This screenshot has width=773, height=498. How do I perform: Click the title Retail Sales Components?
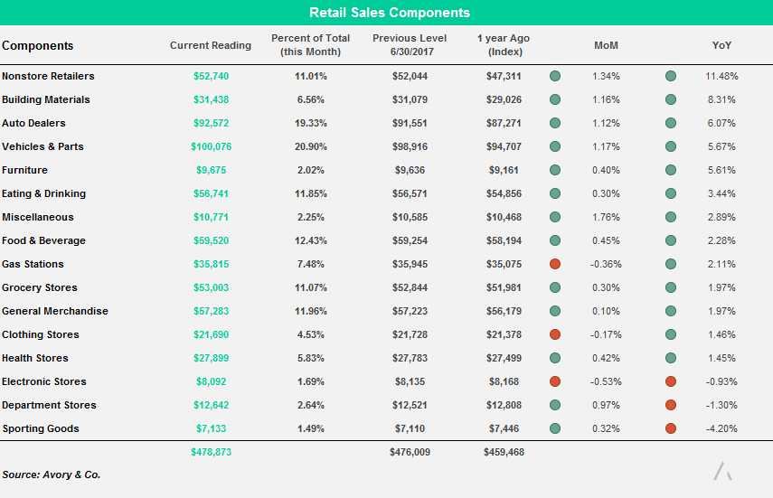pos(390,13)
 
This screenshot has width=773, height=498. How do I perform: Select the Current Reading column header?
pos(211,45)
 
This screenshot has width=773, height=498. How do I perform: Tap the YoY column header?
pos(721,45)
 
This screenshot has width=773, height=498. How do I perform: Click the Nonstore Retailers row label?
pos(48,76)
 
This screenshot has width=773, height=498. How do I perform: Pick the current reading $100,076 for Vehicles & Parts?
pos(211,146)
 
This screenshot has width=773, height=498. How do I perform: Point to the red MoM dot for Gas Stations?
pos(555,264)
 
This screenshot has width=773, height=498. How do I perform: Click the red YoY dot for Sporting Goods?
pos(671,428)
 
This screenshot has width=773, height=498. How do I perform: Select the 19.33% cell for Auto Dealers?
pos(310,123)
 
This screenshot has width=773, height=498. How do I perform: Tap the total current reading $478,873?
pos(211,452)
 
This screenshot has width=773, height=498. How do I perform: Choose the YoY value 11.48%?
pos(721,76)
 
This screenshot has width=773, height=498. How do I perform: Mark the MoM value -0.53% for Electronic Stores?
pos(605,381)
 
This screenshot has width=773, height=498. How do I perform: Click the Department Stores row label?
pos(49,405)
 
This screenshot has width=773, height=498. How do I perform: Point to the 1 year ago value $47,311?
pos(504,76)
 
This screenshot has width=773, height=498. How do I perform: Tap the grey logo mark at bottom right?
pos(722,471)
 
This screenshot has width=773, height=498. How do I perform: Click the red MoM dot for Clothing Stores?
pos(555,334)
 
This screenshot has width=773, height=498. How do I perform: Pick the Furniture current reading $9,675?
pos(211,170)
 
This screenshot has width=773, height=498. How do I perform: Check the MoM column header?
pos(606,45)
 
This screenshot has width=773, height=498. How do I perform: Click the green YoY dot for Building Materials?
pos(671,99)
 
